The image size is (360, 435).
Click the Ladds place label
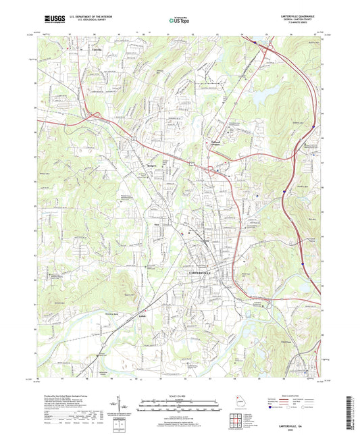click(x=142, y=297)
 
